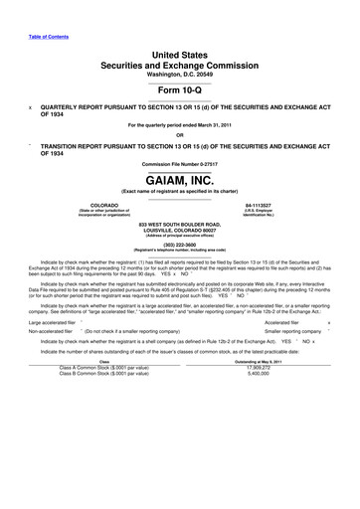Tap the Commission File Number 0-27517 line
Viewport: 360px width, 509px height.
point(179,158)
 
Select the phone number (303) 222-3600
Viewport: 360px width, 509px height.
point(179,244)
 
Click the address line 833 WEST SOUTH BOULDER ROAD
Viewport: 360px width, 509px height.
point(179,225)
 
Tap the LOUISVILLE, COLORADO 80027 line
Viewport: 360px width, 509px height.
point(179,231)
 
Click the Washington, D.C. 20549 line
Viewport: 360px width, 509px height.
point(179,73)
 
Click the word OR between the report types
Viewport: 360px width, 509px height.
point(179,135)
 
